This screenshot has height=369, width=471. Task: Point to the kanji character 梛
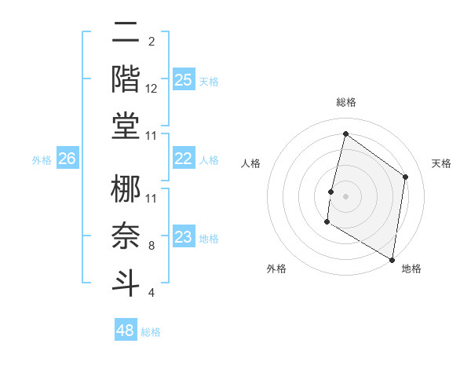[126, 188]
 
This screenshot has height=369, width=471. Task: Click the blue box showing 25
[183, 79]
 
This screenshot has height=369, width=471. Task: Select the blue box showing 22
[183, 159]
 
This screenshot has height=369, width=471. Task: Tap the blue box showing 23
[183, 237]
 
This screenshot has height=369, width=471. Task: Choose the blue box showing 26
[67, 159]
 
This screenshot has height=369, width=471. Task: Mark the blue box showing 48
[125, 331]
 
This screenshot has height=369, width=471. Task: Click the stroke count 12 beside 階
[152, 89]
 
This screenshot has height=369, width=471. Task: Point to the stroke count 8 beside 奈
[152, 246]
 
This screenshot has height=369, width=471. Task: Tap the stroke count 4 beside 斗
[152, 293]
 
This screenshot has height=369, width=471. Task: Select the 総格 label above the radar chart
[345, 102]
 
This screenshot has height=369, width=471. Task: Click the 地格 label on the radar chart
[411, 269]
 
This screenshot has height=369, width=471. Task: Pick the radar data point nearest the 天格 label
[406, 177]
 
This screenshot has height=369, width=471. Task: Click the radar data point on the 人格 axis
[331, 192]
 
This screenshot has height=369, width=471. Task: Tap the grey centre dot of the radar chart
[345, 196]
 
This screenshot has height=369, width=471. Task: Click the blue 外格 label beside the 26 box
[42, 159]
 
